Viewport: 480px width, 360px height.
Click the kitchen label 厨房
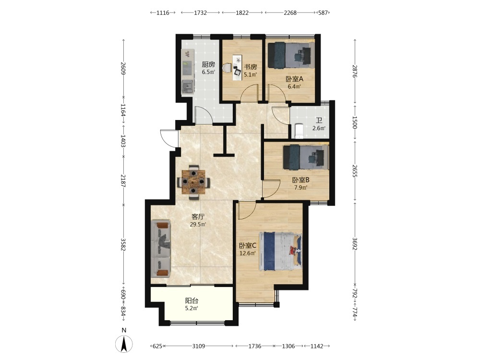click(x=208, y=64)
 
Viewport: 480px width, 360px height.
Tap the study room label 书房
click(x=250, y=67)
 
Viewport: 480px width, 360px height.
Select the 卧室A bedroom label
click(x=294, y=79)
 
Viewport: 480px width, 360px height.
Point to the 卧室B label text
click(x=300, y=180)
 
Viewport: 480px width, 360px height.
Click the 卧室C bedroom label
click(x=247, y=245)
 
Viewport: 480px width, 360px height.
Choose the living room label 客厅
click(x=198, y=217)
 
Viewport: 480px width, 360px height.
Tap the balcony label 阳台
click(x=192, y=300)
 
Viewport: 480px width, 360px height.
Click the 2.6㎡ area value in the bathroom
click(x=319, y=128)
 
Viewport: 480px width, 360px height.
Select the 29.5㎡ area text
click(x=198, y=224)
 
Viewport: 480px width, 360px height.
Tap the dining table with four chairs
click(x=193, y=182)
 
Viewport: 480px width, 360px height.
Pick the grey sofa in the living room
click(x=161, y=248)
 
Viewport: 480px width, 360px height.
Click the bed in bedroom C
click(x=280, y=251)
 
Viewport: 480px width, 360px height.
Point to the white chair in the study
click(x=227, y=68)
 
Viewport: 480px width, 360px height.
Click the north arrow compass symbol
click(x=124, y=344)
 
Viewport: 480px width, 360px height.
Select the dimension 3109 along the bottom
click(x=198, y=346)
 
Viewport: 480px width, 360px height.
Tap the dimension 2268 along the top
click(x=290, y=12)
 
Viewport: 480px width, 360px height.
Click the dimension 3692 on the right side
click(x=355, y=244)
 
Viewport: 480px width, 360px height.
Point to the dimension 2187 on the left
click(x=123, y=180)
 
